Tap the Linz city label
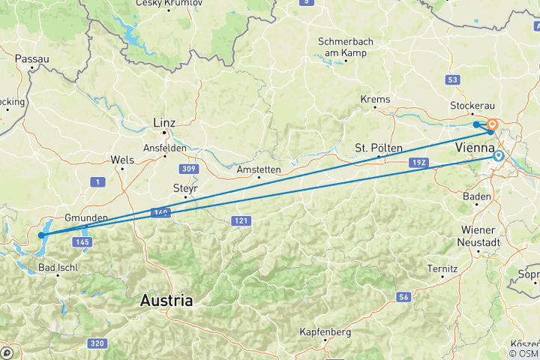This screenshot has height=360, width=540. point(164,122)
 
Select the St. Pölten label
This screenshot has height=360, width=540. point(379,148)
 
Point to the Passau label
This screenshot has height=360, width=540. point(31,58)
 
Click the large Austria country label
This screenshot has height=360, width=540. point(166,301)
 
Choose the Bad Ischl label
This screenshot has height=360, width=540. point(58,267)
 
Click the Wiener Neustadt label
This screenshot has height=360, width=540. point(477,236)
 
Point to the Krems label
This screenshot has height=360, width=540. point(375,99)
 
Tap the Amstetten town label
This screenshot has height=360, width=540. point(258,170)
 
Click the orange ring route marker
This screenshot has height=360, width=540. point(493,125)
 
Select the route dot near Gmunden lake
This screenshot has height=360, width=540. point(43,235)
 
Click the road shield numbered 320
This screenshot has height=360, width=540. point(95,343)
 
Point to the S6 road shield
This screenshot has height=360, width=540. point(404,298)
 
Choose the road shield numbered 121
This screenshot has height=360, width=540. point(241,220)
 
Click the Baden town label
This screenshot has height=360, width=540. point(477,196)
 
